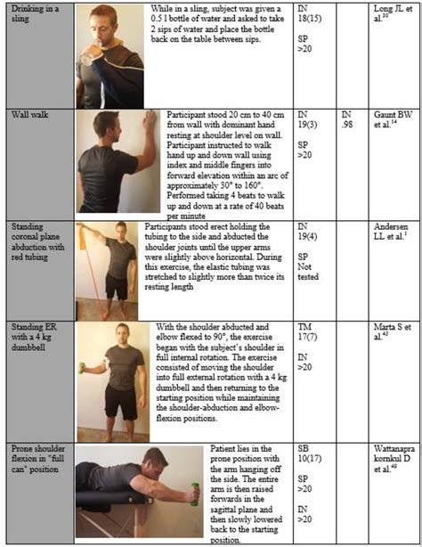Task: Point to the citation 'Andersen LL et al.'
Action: pos(394,229)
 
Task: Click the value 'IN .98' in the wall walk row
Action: pos(349,120)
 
